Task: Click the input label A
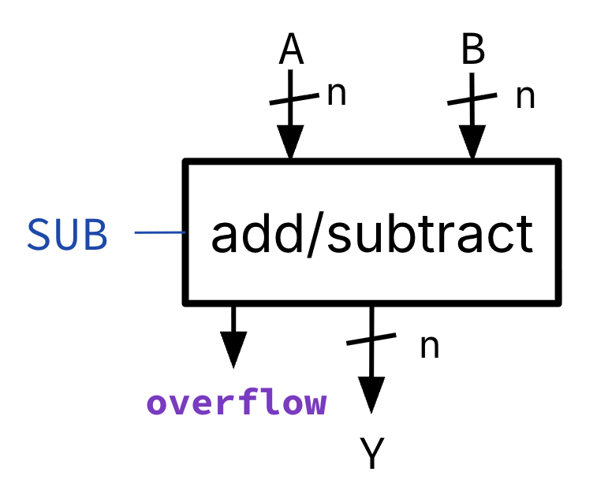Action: (x=292, y=51)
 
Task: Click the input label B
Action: (x=472, y=51)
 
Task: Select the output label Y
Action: (x=371, y=455)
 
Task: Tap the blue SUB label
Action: (x=68, y=234)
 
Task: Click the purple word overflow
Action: (x=237, y=403)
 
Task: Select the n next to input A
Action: (x=337, y=94)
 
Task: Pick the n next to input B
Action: (x=525, y=96)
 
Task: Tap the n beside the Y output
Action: (x=429, y=345)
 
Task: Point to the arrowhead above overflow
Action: (x=233, y=349)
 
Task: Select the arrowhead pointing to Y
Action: (x=371, y=394)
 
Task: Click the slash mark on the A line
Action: (x=291, y=99)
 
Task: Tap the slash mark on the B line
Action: (x=472, y=99)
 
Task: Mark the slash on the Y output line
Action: (x=371, y=340)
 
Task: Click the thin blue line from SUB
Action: (x=159, y=232)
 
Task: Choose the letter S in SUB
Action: (x=40, y=234)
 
